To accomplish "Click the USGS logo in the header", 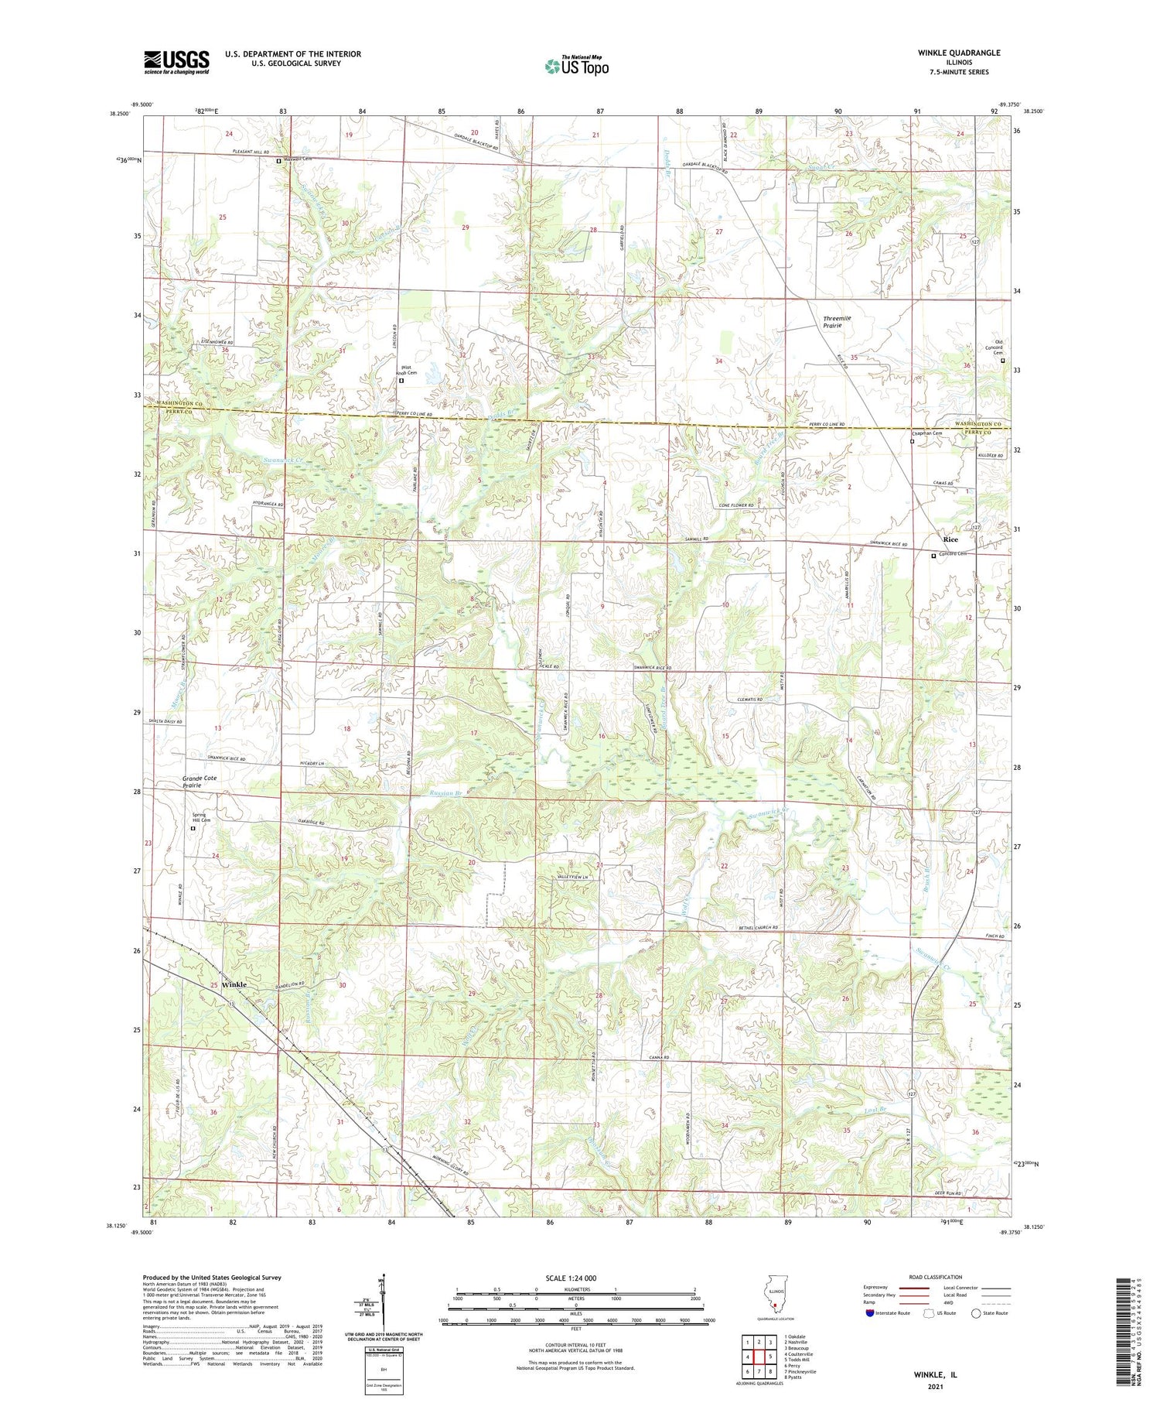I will [x=176, y=62].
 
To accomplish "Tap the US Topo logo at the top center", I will [x=576, y=66].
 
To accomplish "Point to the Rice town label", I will [x=950, y=539].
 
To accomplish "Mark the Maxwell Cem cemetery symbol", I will [x=280, y=161].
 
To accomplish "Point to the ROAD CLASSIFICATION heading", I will [x=936, y=1277].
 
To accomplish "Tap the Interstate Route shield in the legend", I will [x=870, y=1312].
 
